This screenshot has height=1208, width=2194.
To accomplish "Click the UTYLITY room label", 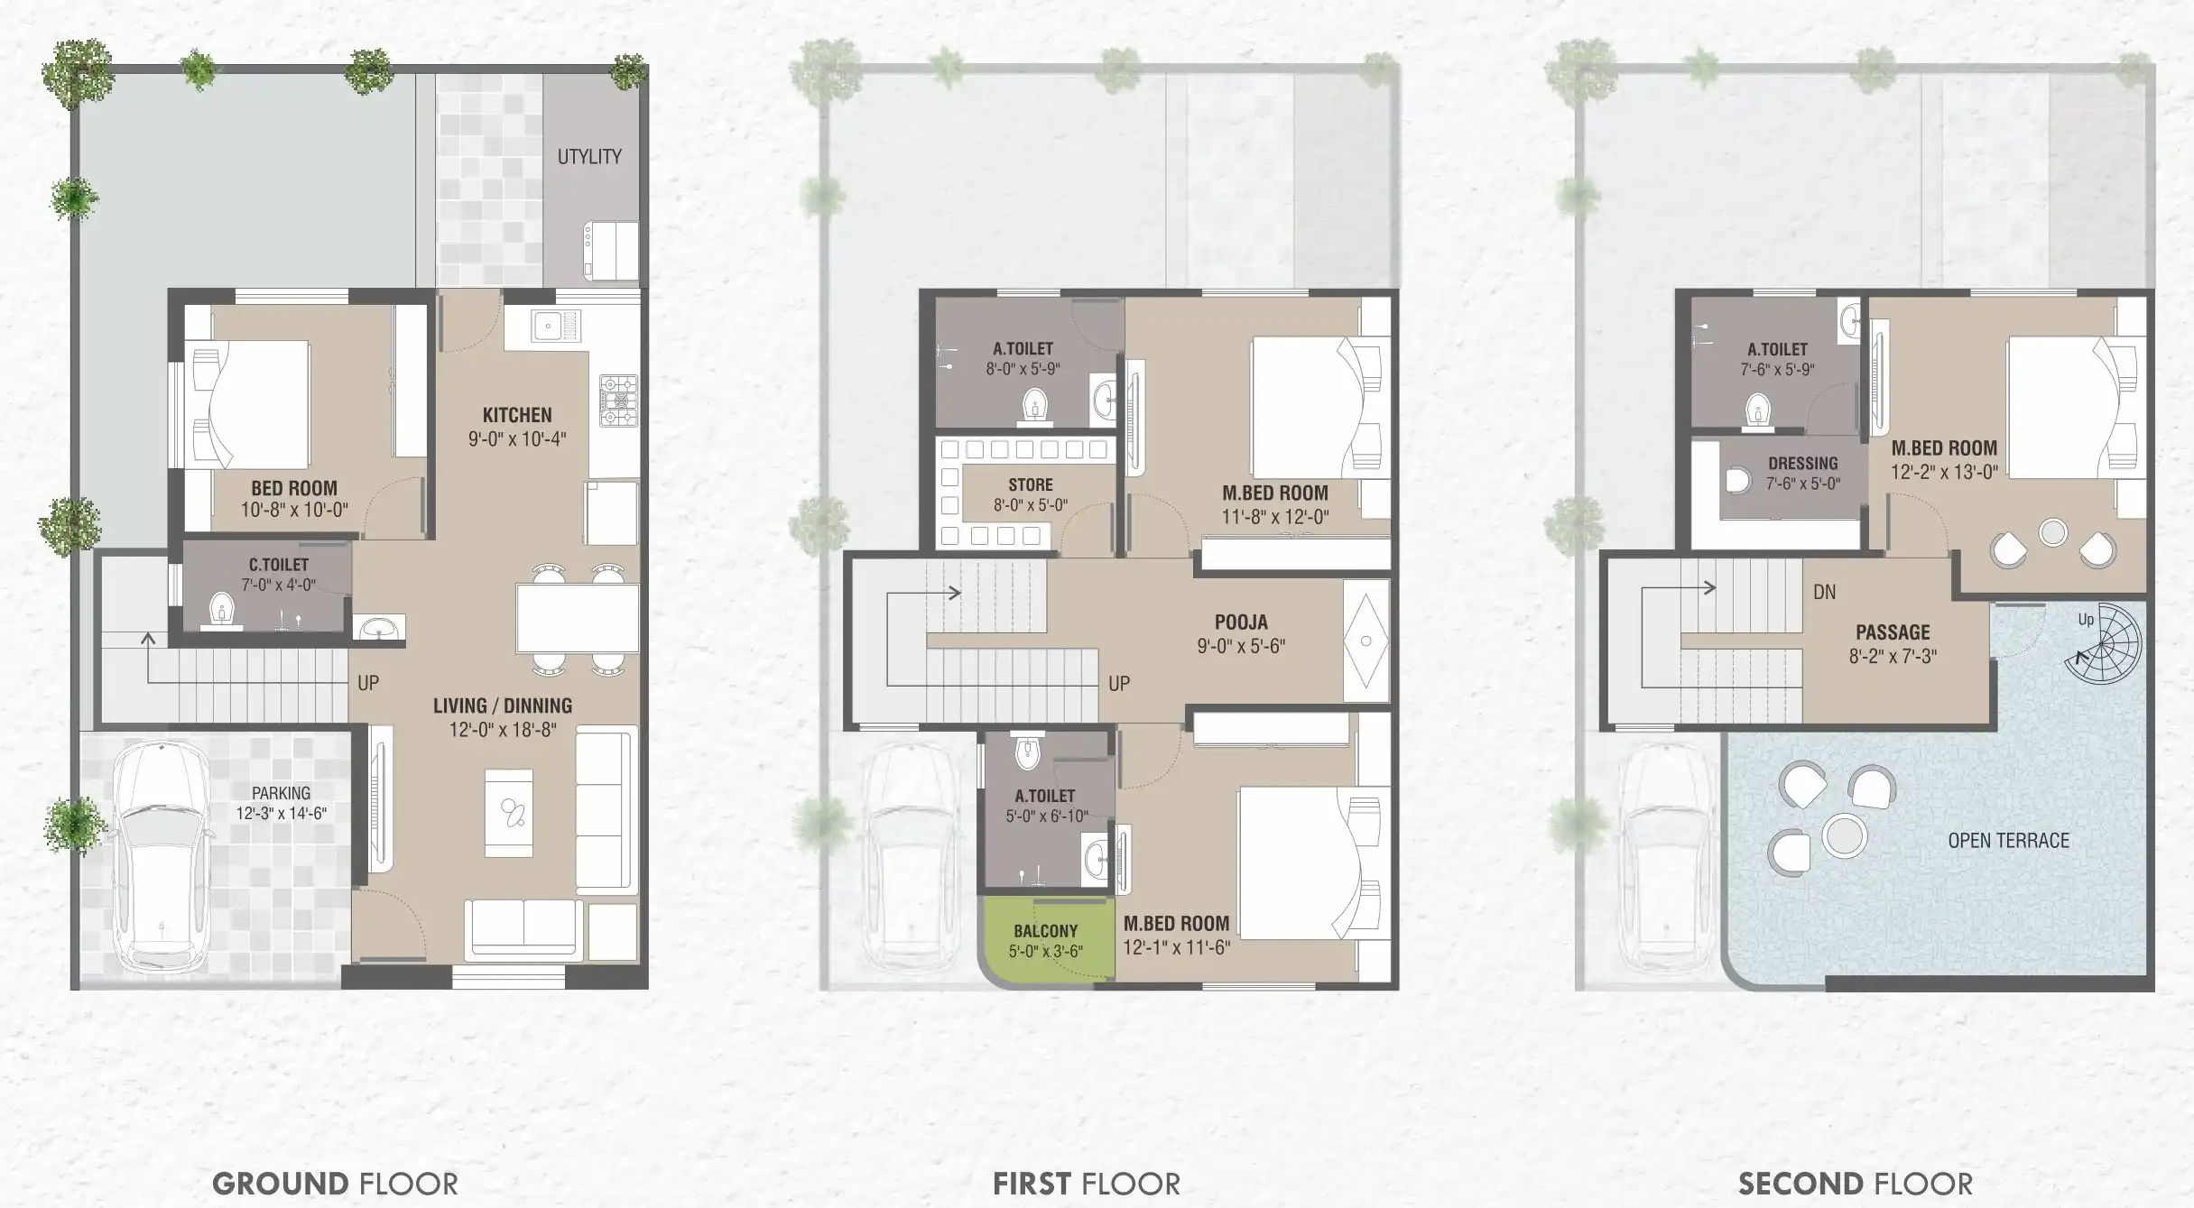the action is (x=589, y=157).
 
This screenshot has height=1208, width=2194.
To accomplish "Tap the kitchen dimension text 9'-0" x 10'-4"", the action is (x=517, y=439).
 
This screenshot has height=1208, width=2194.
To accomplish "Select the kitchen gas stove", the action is (x=619, y=401).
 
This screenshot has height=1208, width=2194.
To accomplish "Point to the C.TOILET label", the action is (x=279, y=565).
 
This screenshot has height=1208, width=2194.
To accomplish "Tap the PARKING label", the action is (x=281, y=793).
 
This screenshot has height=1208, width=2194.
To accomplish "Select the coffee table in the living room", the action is (x=509, y=813).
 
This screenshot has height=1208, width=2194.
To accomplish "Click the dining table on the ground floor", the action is (x=578, y=618).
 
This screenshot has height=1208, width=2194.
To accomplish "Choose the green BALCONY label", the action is (x=1045, y=931).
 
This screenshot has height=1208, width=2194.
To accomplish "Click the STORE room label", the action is (x=1031, y=484).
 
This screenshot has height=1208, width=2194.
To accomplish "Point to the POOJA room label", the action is (x=1241, y=622).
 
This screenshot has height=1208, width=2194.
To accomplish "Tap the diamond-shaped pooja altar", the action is (x=1366, y=641).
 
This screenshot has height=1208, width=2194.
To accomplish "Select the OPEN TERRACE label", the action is (x=2008, y=841).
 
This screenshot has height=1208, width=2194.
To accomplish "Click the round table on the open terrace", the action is (x=1844, y=835).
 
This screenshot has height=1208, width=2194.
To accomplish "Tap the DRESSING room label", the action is (x=1802, y=464).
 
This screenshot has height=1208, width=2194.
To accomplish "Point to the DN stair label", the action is (x=1824, y=593).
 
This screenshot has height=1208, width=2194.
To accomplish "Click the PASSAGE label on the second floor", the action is (x=1893, y=632).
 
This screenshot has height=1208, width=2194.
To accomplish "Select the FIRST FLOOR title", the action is (x=1087, y=1184).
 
